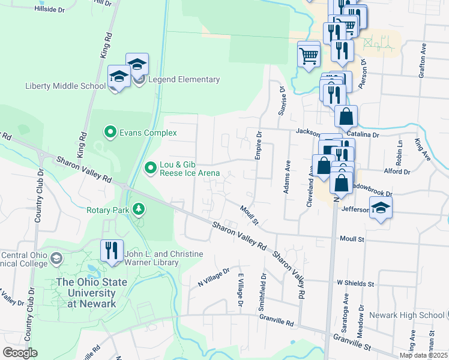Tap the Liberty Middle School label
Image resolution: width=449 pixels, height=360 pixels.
tap(65, 86)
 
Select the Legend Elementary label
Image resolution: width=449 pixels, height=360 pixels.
tap(184, 79)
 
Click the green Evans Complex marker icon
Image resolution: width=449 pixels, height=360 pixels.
tap(110, 133)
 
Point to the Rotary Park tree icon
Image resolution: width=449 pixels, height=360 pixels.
tap(139, 209)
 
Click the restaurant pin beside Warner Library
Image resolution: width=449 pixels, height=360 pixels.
tap(112, 251)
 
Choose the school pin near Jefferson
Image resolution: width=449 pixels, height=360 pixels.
tap(380, 209)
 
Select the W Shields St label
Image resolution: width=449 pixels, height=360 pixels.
tap(355, 283)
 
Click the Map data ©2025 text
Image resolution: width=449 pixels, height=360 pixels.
tap(423, 355)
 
